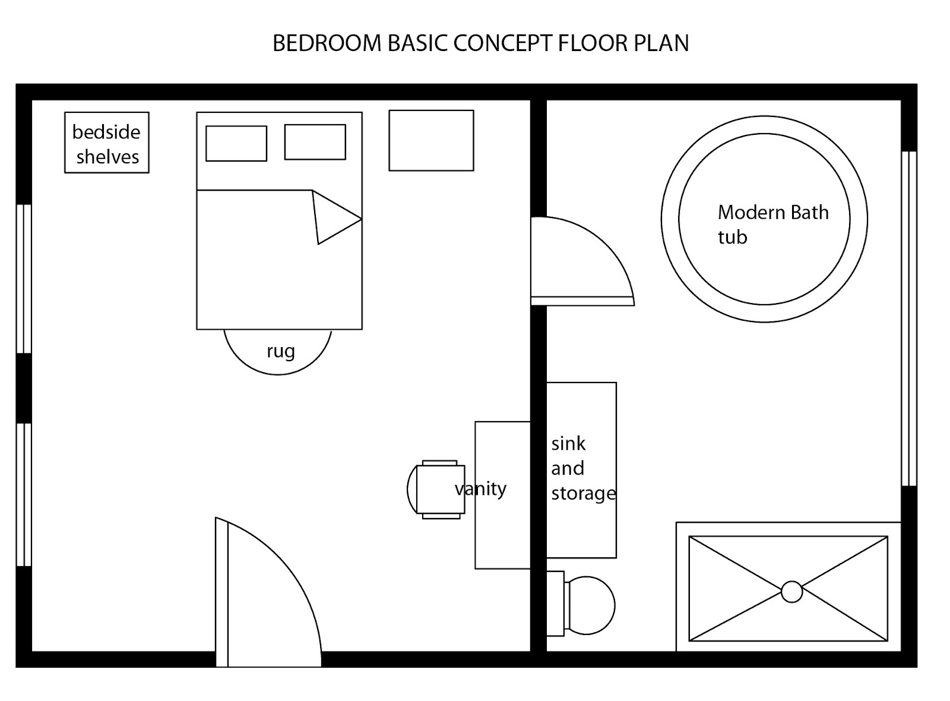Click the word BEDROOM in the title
327,43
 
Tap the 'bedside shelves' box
107,143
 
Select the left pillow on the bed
236,143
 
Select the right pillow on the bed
315,142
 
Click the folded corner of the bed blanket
332,217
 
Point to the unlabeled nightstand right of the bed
431,141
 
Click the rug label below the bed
280,352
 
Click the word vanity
481,489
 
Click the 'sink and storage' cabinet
581,469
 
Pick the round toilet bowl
590,605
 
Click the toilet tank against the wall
555,603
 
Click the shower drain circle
791,592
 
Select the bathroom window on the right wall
908,319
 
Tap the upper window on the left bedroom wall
24,279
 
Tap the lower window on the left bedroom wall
24,494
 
